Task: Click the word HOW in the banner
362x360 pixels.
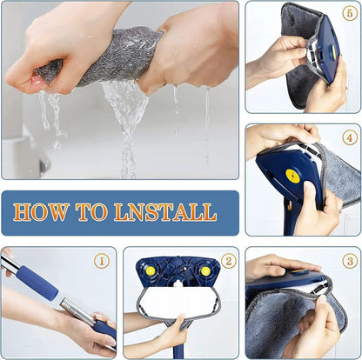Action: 41,212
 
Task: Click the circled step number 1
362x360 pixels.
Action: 102,260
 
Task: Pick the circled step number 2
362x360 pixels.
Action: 227,260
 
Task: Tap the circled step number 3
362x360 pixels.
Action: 348,260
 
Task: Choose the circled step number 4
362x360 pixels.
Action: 348,137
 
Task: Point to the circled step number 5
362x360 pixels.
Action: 348,16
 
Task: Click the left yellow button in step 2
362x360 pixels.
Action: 150,270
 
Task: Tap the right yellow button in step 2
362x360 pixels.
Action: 205,270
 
